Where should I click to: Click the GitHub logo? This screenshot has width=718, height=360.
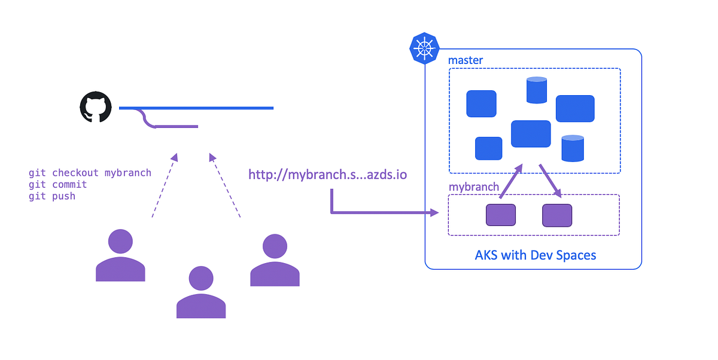coord(96,108)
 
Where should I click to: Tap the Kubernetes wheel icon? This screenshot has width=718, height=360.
coord(424,48)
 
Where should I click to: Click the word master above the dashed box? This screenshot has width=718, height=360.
coord(466,60)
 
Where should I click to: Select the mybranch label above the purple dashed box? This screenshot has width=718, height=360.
coord(474,187)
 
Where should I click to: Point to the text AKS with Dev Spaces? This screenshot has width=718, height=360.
coord(536,255)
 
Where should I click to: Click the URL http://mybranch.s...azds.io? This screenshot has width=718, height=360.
coord(328,175)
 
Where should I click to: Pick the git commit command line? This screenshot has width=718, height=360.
coord(57,185)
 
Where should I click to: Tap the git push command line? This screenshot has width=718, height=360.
coord(52,196)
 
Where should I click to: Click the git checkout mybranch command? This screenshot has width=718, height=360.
coord(90,173)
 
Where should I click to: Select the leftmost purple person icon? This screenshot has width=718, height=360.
coord(120,255)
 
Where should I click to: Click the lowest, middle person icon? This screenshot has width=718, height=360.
coord(201,292)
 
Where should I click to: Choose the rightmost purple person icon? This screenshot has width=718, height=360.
coord(275,260)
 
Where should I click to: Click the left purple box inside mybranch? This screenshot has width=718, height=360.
coord(500,215)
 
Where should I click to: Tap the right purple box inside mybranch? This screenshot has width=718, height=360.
coord(557,215)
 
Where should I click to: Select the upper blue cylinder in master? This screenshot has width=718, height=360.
coord(537,90)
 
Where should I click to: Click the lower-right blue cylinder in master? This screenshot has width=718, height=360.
coord(573,148)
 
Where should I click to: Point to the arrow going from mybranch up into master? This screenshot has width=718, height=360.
coord(510,181)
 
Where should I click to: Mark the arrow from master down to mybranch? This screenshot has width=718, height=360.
coord(550,180)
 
